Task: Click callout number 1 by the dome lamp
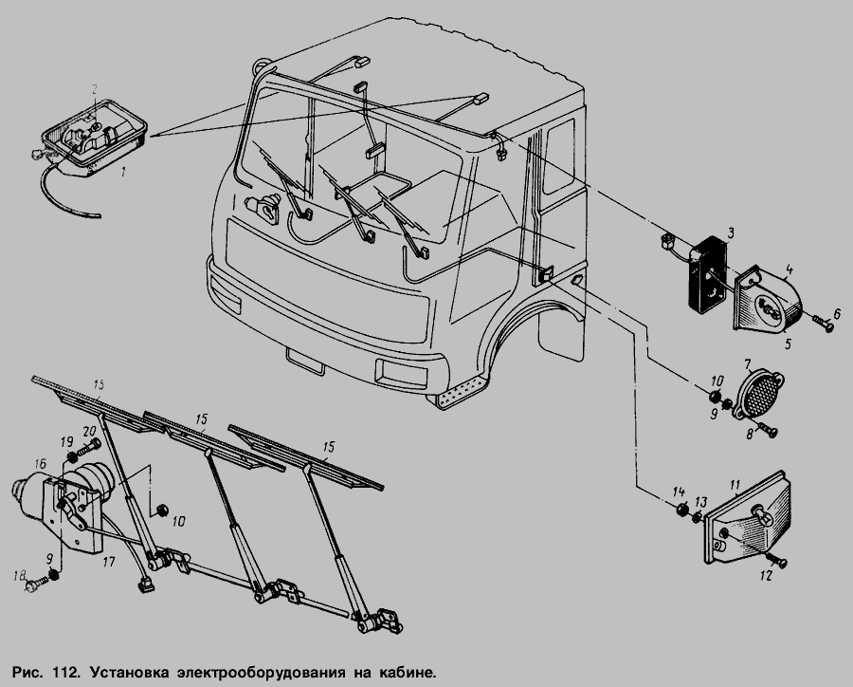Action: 123,172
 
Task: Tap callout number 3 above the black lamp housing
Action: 731,232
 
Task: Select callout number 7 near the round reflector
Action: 748,364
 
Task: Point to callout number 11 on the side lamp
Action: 735,484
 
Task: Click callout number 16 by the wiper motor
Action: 40,464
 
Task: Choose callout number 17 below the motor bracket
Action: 109,561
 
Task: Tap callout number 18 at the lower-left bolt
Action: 20,575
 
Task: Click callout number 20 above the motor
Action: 89,431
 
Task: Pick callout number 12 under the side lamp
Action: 766,575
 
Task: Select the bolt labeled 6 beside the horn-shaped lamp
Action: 822,325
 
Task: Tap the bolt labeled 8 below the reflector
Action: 770,432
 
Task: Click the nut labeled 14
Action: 680,511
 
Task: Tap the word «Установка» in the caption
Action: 130,672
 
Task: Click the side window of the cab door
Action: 559,156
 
